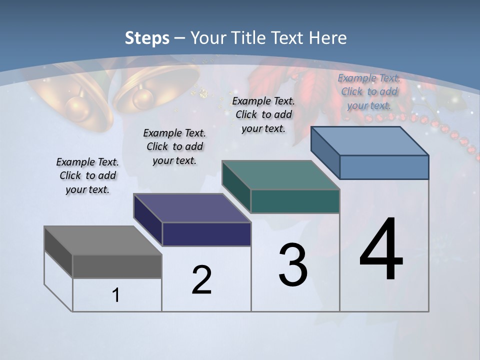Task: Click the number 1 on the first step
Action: tap(116, 295)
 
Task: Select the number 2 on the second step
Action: tap(201, 279)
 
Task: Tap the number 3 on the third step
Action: tap(293, 265)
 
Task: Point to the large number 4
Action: tap(381, 250)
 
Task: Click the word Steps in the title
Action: tap(147, 38)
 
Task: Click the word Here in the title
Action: tap(327, 38)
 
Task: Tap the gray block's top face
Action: tap(102, 240)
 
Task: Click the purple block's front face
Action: tap(206, 234)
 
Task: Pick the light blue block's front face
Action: tap(384, 167)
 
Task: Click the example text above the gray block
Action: tap(87, 176)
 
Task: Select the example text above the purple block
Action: tap(174, 146)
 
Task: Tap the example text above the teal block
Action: tap(263, 114)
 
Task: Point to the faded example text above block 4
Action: tap(369, 91)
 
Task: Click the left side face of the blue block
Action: tap(325, 152)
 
